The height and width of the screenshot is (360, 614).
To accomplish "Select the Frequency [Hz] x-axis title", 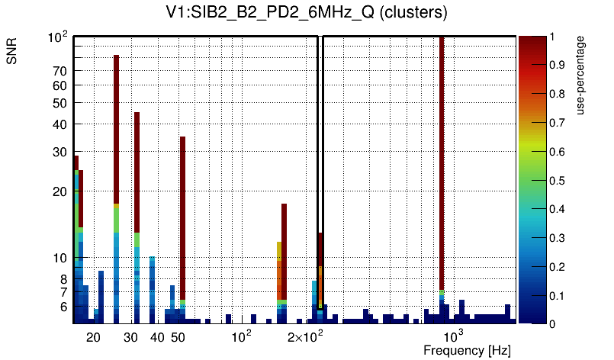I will coord(467,350).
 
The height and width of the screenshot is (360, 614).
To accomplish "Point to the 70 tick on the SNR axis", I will coord(59,71).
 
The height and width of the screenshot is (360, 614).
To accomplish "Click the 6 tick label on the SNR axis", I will coord(63,307).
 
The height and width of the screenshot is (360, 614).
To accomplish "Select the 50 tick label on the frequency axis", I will coord(177,337).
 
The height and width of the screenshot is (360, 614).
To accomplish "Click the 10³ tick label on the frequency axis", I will coord(454,336).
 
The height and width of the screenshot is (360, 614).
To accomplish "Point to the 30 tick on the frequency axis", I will coord(130,337).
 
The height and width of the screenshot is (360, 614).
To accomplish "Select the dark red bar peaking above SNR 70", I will coord(117,130).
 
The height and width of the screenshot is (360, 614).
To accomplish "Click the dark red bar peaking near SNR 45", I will coord(137,172).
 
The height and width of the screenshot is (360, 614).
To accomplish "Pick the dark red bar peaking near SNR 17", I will coord(284,252).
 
